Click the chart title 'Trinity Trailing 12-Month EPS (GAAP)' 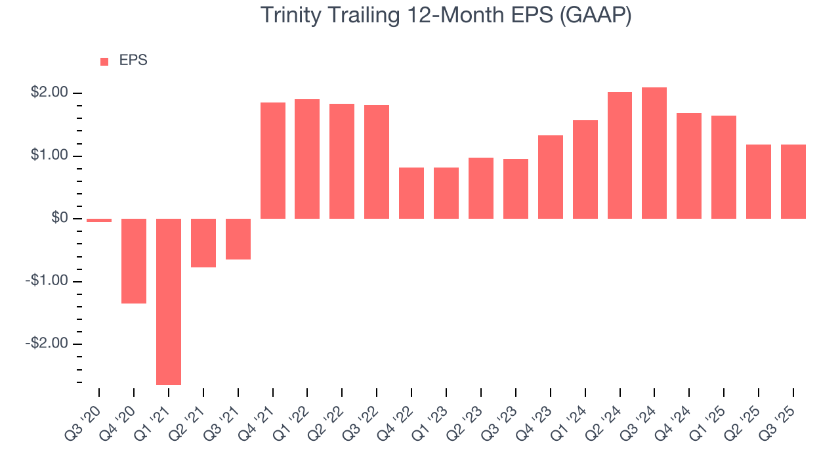click(x=446, y=15)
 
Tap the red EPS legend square click(x=104, y=61)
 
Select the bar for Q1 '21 click(x=169, y=302)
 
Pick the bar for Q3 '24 click(x=654, y=153)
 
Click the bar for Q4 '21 click(x=273, y=160)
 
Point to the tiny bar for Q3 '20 click(x=99, y=221)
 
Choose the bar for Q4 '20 click(x=134, y=261)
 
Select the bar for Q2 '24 click(x=619, y=155)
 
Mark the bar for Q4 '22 click(x=411, y=193)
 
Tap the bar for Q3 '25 click(x=793, y=181)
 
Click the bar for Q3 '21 click(x=238, y=239)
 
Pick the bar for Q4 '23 click(x=550, y=177)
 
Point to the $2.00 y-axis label click(x=49, y=93)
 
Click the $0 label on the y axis click(x=60, y=218)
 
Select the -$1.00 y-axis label click(x=48, y=281)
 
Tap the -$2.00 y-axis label click(x=48, y=344)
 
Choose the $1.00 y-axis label click(x=49, y=156)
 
